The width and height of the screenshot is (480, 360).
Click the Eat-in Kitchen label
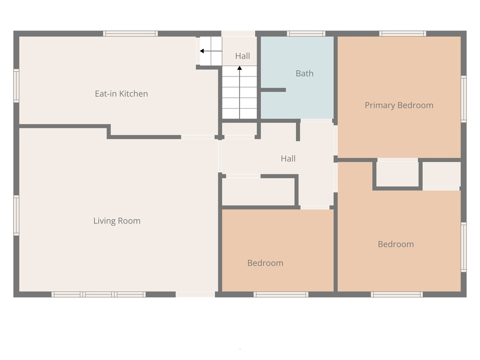point(121,94)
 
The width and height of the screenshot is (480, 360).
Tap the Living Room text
point(117,221)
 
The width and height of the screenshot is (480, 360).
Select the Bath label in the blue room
point(304,73)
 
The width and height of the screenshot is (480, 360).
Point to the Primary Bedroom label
point(399,105)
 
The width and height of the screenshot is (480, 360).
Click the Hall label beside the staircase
point(242,56)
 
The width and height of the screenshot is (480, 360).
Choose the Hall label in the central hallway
point(288,158)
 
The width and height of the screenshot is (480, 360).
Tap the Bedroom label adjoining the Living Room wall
point(265,263)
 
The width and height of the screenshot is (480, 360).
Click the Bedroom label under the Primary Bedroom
point(396,244)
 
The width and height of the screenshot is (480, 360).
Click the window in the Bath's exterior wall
point(306,33)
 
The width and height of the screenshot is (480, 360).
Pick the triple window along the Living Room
point(98,294)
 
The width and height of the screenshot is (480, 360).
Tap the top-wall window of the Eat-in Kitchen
point(130,33)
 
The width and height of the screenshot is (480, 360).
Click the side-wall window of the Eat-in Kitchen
point(16,85)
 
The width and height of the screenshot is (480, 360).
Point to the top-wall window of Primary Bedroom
point(403,33)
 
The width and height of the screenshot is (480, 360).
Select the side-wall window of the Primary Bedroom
point(464,99)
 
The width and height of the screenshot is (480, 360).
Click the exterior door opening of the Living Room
point(195,294)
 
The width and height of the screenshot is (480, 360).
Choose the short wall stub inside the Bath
point(273,90)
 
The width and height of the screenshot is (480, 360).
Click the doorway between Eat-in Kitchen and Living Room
point(197,137)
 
